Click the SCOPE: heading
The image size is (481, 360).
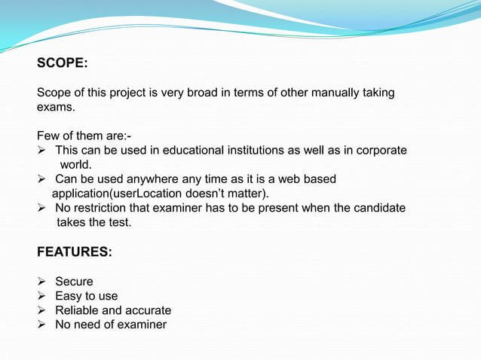[x=62, y=64]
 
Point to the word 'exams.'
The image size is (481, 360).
[x=56, y=107]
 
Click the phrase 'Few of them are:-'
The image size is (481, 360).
[x=84, y=136]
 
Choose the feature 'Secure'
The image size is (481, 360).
[x=74, y=282]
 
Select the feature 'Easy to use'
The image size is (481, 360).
[x=86, y=296]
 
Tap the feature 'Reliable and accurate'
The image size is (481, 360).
[x=113, y=310]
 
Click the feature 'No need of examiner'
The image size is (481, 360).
[x=111, y=325]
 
